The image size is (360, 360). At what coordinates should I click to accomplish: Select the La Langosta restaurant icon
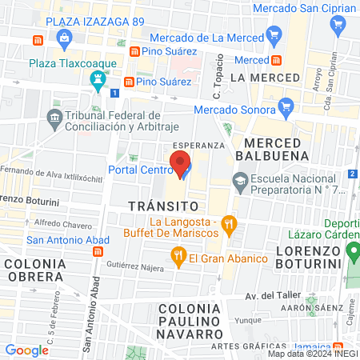click(228, 223)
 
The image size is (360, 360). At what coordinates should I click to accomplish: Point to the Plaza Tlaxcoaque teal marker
click(98, 78)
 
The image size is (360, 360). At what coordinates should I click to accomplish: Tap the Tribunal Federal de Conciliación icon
click(54, 118)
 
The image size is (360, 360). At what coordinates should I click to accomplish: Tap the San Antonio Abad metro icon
click(97, 251)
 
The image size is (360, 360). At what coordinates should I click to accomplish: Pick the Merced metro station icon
click(276, 60)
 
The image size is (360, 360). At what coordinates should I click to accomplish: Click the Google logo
click(27, 350)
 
